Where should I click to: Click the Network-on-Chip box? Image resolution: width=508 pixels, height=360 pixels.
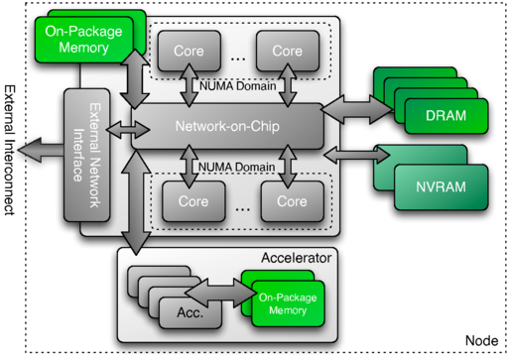(228, 127)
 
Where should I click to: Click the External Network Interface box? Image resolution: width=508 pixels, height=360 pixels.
(87, 160)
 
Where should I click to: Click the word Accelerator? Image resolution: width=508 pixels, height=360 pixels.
(297, 257)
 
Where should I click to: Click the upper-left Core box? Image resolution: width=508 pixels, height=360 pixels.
(189, 49)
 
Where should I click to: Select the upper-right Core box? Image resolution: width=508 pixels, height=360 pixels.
(287, 49)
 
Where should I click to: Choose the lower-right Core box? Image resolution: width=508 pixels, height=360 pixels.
(292, 200)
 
